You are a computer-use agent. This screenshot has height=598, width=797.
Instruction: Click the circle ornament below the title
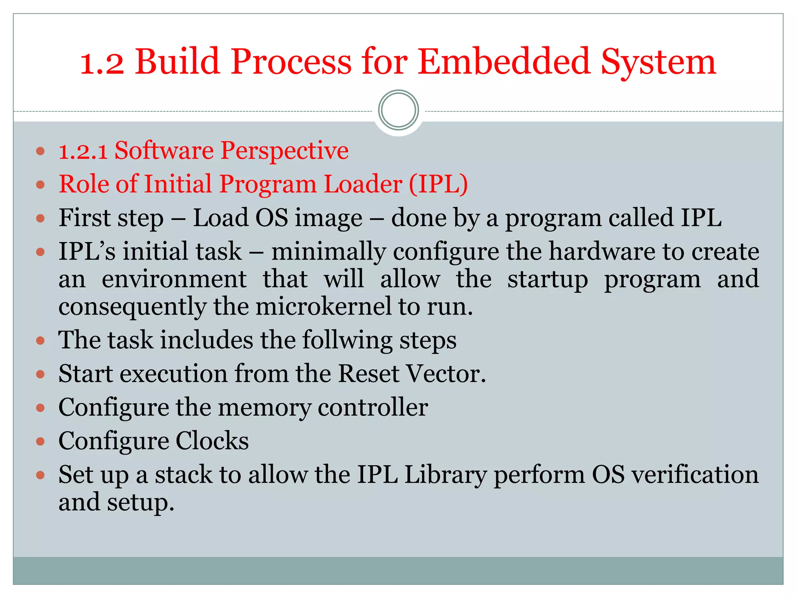(398, 110)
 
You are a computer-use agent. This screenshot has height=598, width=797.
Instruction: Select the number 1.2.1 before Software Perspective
(83, 151)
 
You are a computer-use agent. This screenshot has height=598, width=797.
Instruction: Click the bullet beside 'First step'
(40, 218)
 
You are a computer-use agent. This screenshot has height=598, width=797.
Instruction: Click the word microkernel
(323, 307)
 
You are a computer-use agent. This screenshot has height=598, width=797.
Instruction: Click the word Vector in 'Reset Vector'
(446, 374)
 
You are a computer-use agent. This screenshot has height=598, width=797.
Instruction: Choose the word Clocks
(212, 441)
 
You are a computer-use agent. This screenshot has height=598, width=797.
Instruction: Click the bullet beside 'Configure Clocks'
(40, 441)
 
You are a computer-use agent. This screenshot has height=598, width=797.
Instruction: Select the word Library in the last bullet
(446, 475)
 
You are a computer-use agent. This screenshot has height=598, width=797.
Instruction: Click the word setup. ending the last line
(141, 503)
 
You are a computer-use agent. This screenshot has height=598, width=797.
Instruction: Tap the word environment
(174, 280)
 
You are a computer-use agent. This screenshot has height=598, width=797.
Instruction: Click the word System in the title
(658, 62)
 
